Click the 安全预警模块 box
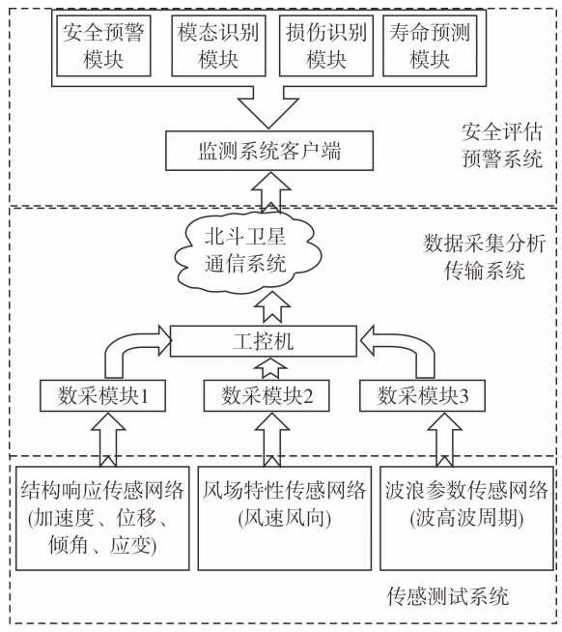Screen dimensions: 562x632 coord(103,45)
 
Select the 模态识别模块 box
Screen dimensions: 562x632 coord(218,45)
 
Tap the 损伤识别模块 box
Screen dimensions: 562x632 coord(326,45)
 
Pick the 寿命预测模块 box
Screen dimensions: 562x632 coord(430,45)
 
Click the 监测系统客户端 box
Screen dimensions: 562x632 coord(269,151)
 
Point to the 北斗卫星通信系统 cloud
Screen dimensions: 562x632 coord(246,250)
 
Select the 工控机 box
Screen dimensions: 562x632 coord(264,341)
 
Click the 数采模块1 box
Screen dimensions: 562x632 coord(102,395)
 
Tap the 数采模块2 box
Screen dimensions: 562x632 coord(267,395)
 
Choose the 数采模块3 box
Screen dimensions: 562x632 coord(422,395)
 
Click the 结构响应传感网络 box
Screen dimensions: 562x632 coord(102,518)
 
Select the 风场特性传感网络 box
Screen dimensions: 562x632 coord(285,518)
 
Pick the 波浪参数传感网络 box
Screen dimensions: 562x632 coord(466,518)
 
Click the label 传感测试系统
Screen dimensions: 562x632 coord(448,596)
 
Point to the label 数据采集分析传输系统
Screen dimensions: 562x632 coord(485,257)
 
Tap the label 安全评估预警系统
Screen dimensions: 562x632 coord(502,145)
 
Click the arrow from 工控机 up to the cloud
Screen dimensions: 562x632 coord(272,307)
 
